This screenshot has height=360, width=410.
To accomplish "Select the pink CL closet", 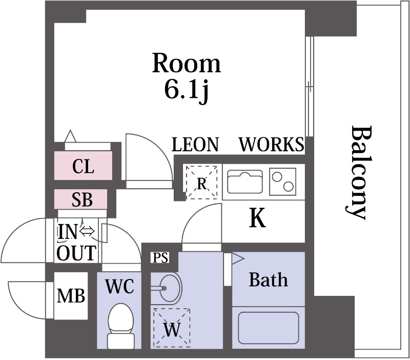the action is click(x=83, y=165).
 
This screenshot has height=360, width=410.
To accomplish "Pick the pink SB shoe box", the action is click(x=81, y=199).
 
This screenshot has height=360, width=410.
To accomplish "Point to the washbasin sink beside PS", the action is click(x=167, y=288).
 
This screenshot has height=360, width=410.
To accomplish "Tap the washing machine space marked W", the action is click(x=172, y=328).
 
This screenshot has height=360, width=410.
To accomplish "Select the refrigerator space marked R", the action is click(x=201, y=182).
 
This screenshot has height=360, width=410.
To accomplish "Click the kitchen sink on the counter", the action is click(x=245, y=182).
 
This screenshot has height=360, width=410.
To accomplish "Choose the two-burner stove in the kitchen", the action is click(x=283, y=182).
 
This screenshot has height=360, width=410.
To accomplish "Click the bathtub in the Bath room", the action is click(x=269, y=328).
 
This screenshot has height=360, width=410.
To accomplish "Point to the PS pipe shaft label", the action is click(x=160, y=258).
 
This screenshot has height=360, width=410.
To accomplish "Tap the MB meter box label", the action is click(x=71, y=296).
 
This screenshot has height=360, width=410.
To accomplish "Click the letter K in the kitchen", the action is click(x=258, y=218).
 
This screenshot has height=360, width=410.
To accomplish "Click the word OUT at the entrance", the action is click(x=76, y=253).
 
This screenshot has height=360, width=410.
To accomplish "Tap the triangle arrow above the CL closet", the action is click(x=70, y=136).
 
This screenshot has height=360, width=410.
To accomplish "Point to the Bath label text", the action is click(x=268, y=279).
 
